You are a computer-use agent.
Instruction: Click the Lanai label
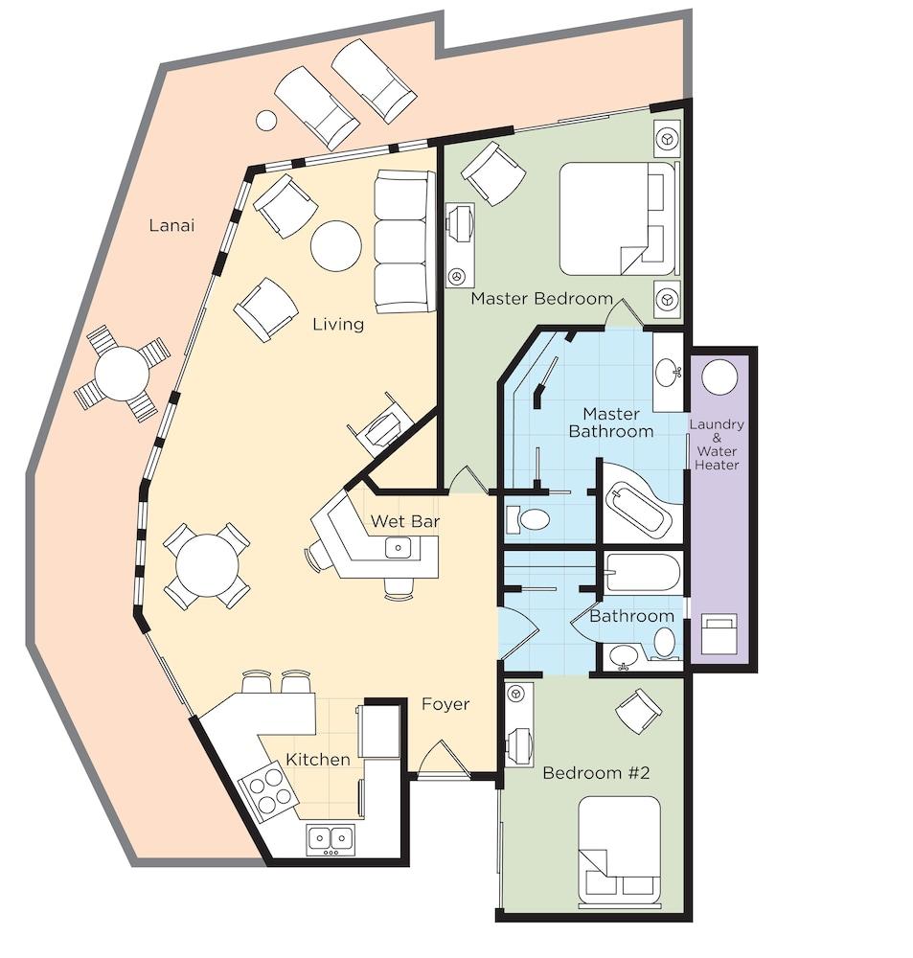tap(171, 225)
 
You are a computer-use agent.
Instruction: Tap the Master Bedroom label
tap(541, 298)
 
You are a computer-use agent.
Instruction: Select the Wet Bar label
tap(405, 521)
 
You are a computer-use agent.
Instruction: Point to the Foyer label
tap(445, 704)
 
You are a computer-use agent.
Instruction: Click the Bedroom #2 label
tap(596, 773)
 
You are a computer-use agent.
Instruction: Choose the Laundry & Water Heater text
tap(717, 445)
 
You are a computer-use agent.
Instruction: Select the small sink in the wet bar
tap(399, 547)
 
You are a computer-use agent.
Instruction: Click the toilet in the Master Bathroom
tap(529, 520)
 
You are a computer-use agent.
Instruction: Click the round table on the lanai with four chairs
tap(122, 374)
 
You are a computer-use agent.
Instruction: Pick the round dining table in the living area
tap(207, 565)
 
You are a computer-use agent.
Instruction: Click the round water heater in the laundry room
tap(719, 377)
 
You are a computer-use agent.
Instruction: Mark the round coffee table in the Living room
tap(335, 245)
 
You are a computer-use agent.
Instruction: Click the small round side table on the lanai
tap(265, 120)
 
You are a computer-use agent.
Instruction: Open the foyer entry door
tap(443, 760)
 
